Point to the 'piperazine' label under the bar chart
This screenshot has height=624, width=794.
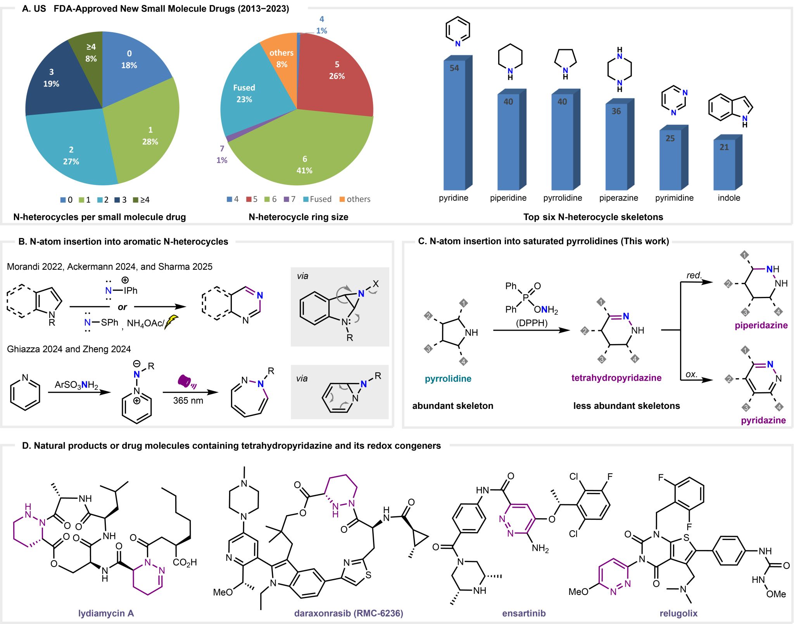(x=618, y=198)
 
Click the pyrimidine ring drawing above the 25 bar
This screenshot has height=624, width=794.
(x=674, y=101)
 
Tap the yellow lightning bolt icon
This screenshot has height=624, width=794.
(x=171, y=322)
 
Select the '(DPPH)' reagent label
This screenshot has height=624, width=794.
(x=532, y=323)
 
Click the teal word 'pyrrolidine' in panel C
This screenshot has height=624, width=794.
(x=448, y=379)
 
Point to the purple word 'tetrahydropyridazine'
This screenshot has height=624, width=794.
(x=616, y=378)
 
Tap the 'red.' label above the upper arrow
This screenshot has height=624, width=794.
(x=694, y=275)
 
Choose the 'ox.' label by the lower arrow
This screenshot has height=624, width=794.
(x=692, y=374)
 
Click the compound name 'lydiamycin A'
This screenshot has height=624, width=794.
(x=106, y=614)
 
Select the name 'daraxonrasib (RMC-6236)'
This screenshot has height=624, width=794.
(x=349, y=614)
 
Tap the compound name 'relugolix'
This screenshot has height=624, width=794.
(x=678, y=614)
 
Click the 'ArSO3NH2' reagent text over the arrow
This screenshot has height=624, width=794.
(x=76, y=385)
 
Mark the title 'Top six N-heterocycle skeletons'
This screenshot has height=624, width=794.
(x=593, y=217)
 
